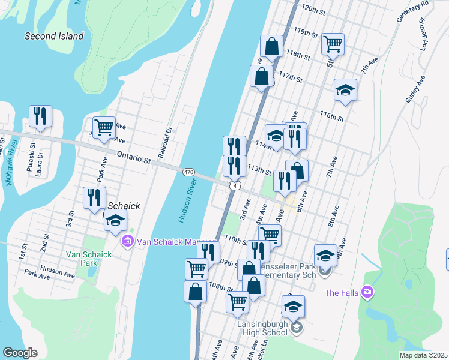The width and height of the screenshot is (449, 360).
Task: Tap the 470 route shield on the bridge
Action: [x=188, y=172]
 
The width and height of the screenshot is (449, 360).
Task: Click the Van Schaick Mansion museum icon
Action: [x=127, y=242]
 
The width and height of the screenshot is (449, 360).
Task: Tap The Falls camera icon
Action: [x=367, y=292]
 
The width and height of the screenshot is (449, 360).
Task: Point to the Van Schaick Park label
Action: [x=89, y=259]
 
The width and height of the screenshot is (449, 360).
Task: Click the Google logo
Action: [x=20, y=353]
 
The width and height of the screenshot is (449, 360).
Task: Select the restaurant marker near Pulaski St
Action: [x=40, y=116]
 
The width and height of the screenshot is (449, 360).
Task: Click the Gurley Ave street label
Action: [x=415, y=90]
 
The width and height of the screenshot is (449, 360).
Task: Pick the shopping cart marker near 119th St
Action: [x=333, y=43]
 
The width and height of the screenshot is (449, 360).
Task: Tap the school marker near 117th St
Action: [x=345, y=89]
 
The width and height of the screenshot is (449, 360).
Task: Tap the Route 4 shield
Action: [x=235, y=186]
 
